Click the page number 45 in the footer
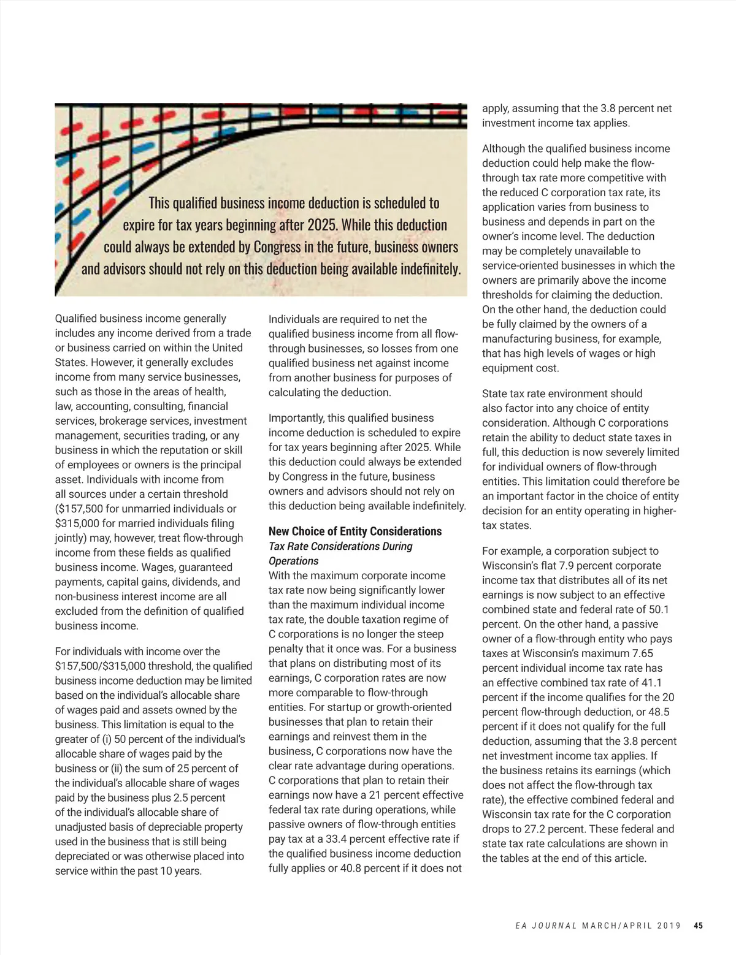coord(698,926)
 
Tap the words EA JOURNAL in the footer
coord(546,926)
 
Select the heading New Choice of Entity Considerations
coord(355,531)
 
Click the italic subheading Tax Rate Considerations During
coord(340,546)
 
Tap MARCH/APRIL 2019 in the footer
coord(631,926)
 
